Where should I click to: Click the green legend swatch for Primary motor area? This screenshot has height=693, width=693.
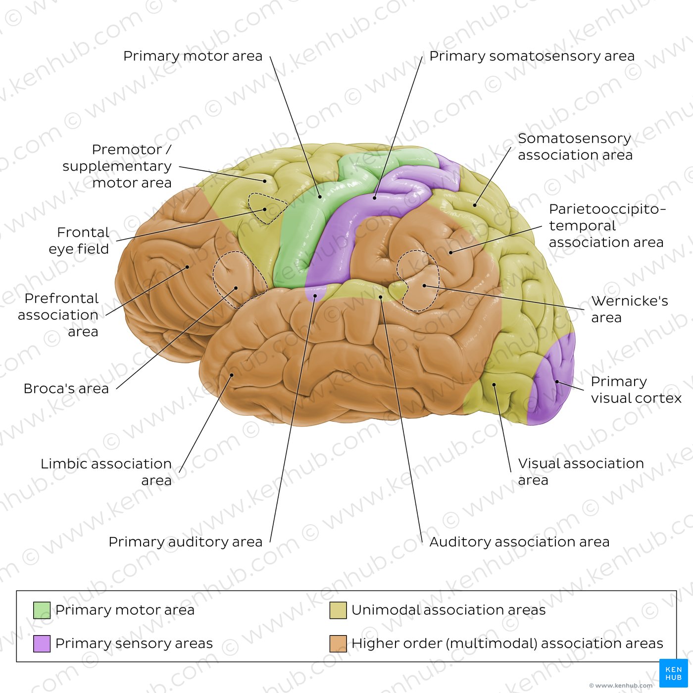(42, 610)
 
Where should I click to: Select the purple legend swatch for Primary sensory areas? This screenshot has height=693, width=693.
(42, 643)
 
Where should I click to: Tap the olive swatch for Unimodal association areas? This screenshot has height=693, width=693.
(338, 610)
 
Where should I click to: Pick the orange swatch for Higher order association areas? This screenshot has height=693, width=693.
(338, 643)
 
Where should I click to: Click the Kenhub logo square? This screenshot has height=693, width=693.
(674, 673)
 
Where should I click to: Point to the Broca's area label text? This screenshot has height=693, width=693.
(66, 389)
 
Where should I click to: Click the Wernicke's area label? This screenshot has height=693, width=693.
(629, 309)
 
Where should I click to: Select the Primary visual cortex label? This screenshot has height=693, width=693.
(636, 390)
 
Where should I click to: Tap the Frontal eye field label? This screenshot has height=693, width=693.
(79, 240)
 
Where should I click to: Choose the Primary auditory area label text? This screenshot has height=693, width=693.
(186, 542)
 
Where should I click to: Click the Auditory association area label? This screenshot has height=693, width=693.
(519, 542)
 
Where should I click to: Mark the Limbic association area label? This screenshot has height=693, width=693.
(106, 472)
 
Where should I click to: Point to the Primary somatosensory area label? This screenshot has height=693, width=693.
(532, 56)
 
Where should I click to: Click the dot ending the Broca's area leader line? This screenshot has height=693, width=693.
(236, 288)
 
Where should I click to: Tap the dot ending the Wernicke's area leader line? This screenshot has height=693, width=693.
(424, 286)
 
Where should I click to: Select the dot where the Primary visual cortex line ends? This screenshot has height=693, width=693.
(557, 382)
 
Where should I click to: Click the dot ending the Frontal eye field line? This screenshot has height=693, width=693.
(265, 209)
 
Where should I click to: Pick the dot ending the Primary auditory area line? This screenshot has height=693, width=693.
(315, 296)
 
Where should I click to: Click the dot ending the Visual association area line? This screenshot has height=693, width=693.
(494, 385)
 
